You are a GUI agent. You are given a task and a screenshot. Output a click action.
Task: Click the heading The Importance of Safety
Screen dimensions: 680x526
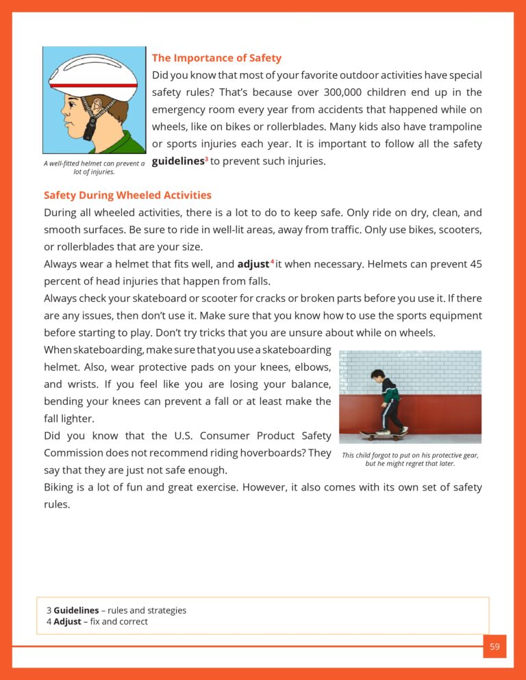coord(216,58)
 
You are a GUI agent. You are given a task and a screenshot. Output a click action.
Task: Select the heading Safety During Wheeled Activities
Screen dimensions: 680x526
coord(127,196)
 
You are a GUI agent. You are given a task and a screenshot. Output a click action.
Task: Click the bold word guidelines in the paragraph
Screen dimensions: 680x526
coord(177,161)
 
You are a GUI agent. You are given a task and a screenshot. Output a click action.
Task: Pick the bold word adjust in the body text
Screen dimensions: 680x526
coord(253,264)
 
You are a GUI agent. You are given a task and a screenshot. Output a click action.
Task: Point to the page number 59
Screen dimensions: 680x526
coord(494,646)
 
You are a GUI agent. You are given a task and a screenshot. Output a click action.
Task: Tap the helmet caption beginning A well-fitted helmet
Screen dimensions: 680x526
coord(94,167)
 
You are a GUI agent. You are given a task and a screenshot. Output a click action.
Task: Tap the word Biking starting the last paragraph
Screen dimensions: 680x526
coord(60,488)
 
